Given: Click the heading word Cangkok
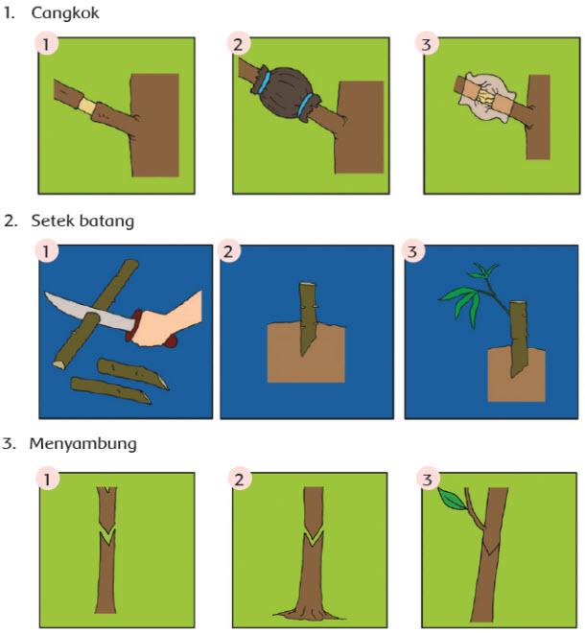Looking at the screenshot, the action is point(65,13).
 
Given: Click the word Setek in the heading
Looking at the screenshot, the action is point(52,221).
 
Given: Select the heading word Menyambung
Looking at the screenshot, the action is point(83,444).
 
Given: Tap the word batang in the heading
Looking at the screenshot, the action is point(106,222).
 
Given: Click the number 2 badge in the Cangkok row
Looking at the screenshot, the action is point(238,43).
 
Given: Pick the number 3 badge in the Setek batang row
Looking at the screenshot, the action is point(412,251).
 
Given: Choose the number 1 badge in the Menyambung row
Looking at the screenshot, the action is point(48,479).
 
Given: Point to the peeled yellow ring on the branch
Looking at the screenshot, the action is point(87,106).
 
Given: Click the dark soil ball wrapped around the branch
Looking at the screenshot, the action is point(286,93).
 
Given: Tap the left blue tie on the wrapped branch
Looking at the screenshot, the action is point(265,82).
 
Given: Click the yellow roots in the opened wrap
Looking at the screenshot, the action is point(484,97).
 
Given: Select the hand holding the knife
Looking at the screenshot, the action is point(166,321).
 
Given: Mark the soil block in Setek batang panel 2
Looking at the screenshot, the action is point(306,352).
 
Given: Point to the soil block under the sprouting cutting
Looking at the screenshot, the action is point(516,374).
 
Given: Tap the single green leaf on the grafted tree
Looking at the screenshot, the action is point(452,499).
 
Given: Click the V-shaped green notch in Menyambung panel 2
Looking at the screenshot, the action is point(314,539).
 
